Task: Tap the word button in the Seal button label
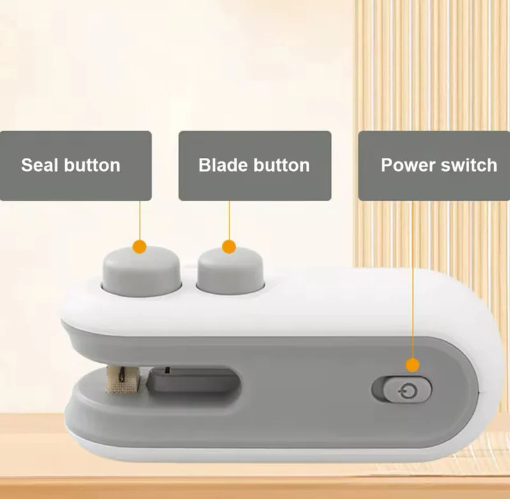pos(92,165)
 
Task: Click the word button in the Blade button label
pos(282,165)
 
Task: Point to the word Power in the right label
pos(408,165)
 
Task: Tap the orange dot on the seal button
pos(140,247)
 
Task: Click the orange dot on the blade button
pos(229,247)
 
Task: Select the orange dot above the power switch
pos(412,365)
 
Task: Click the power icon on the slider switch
pos(408,391)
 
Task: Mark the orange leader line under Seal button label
pos(140,220)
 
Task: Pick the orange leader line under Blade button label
pos(229,220)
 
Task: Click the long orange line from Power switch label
pos(412,279)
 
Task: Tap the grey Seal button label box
pos(75,166)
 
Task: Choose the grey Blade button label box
pos(254,166)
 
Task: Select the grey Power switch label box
pos(434,166)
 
